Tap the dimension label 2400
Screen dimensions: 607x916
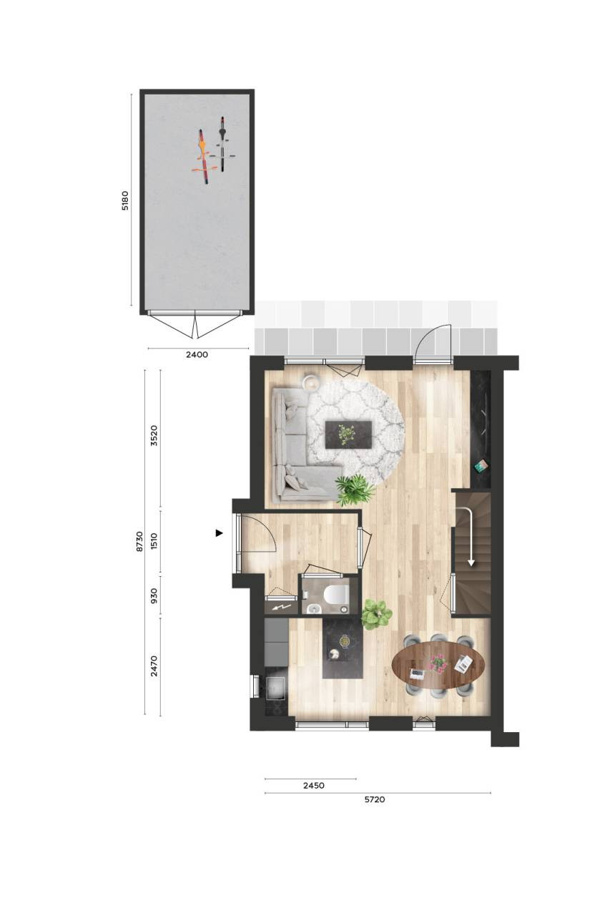click(x=197, y=354)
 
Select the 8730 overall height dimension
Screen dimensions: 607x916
click(x=139, y=542)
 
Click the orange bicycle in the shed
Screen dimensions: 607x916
click(x=203, y=157)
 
